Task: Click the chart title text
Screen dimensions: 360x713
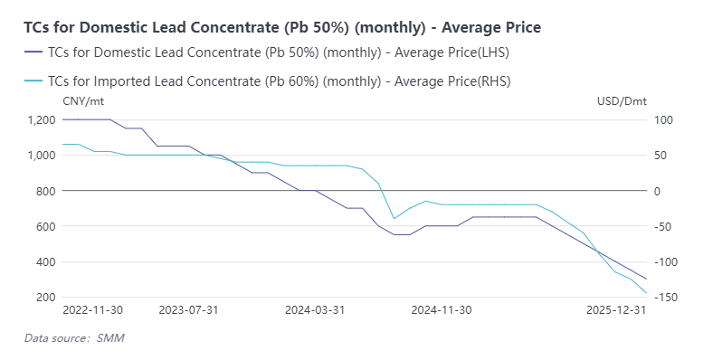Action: (282, 28)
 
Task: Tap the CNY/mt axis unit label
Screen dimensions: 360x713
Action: (83, 100)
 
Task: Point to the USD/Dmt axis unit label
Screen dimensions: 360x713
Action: (622, 100)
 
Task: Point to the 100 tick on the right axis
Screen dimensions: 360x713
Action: (664, 119)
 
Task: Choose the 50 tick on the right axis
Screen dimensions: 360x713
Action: (661, 156)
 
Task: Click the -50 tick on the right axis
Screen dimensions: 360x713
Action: (663, 226)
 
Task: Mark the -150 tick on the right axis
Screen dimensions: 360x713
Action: (666, 298)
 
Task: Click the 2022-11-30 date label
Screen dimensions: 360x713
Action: (92, 310)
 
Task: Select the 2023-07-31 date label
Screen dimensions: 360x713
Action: (189, 310)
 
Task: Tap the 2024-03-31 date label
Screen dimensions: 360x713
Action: (315, 310)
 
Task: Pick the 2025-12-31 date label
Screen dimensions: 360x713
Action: (615, 310)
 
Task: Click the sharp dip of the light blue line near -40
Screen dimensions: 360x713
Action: (394, 218)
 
